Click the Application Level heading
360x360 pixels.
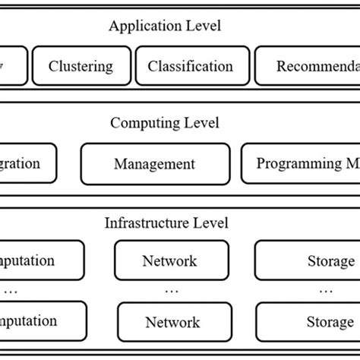pos(165,27)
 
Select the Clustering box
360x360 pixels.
pos(81,66)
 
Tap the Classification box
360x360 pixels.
pos(191,66)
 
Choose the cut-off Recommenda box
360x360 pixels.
pos(307,66)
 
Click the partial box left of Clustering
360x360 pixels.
pos(14,66)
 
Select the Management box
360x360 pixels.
pos(154,163)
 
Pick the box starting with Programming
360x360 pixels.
pos(300,163)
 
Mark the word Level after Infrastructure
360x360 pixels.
pos(210,223)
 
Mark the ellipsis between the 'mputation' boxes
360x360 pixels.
pos(11,289)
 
